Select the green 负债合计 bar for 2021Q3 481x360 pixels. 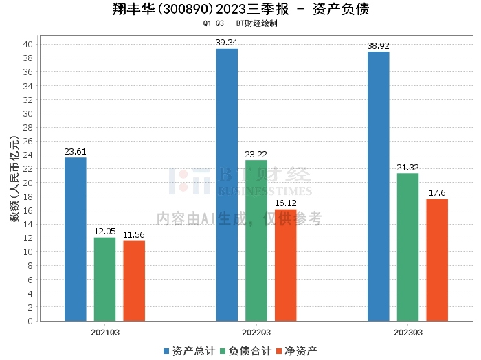105,279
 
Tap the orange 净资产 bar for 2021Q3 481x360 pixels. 134,281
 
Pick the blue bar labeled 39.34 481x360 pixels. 227,185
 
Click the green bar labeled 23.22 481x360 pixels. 256,240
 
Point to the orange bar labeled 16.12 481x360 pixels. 286,265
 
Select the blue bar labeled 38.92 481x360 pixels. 379,186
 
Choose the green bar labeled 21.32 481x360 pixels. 408,247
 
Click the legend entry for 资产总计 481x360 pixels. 187,351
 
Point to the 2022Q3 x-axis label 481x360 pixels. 256,332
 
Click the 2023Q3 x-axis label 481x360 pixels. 408,332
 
